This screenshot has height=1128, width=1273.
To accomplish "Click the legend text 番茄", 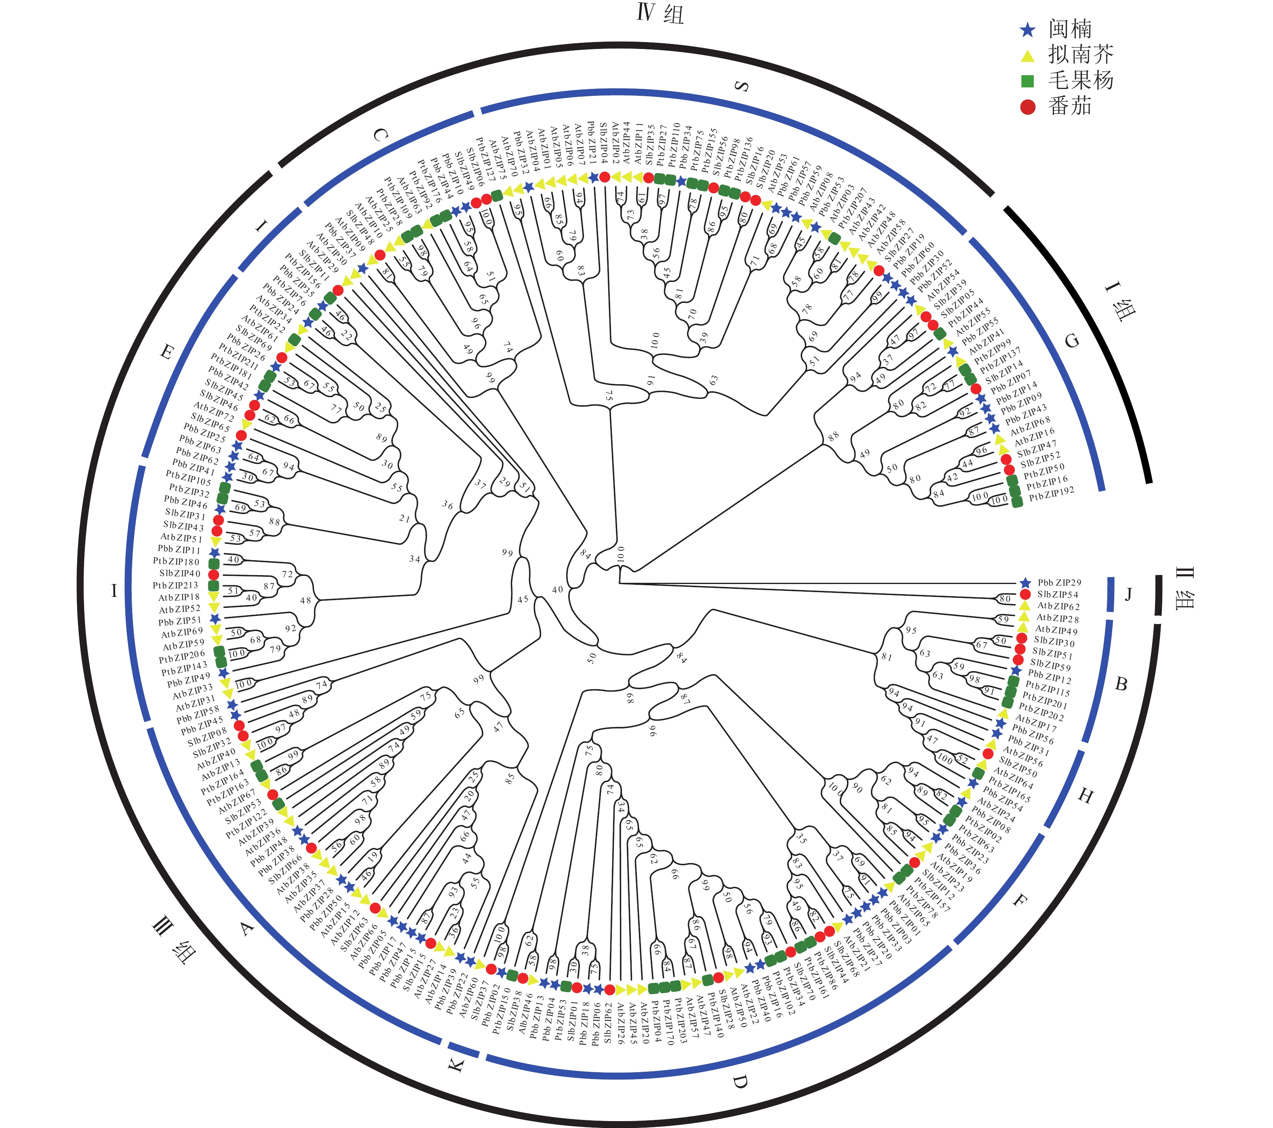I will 1070,106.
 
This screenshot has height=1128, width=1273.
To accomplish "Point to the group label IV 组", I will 660,13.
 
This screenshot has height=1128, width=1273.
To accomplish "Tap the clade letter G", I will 1073,340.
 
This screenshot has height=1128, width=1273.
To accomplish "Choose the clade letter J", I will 1128,595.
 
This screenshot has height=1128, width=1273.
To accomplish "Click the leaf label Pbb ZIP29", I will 1059,583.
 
